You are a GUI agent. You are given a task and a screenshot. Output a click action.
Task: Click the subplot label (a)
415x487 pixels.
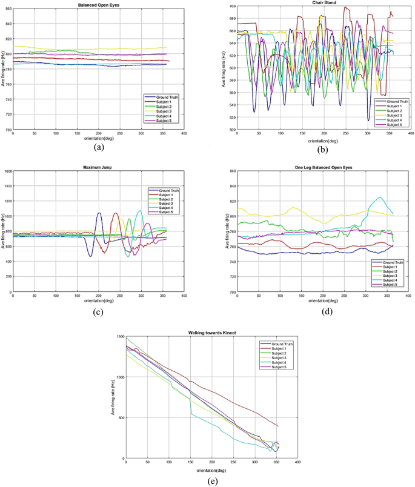coord(98,147)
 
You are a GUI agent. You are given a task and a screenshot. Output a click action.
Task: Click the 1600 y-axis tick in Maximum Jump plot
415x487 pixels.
coord(8,171)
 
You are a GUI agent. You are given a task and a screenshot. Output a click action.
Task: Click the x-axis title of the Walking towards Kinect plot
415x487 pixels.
coord(210,470)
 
